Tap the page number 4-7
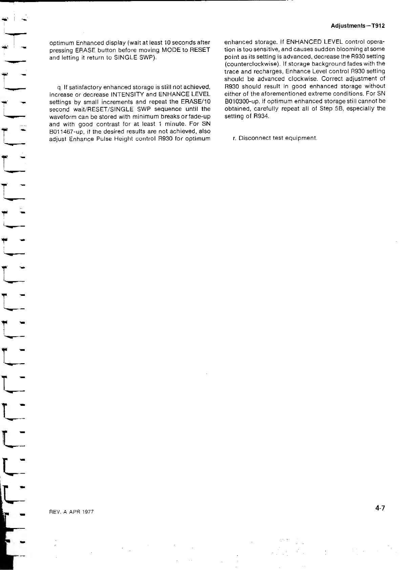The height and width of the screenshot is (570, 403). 380,508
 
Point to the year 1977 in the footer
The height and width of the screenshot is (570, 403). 87,512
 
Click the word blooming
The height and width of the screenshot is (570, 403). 346,49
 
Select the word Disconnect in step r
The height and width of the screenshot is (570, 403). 253,138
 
